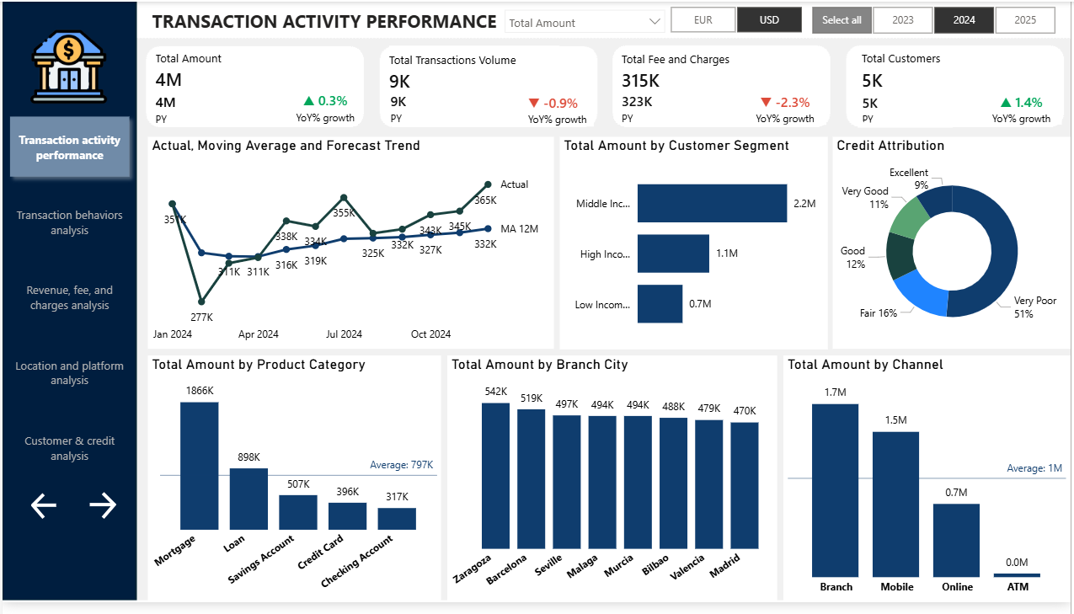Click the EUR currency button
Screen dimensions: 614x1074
coord(703,20)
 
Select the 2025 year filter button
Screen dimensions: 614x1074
coord(1025,20)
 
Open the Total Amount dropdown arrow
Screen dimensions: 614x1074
coord(655,22)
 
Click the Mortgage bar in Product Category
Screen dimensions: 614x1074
coord(199,465)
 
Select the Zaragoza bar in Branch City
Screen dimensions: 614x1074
coord(495,476)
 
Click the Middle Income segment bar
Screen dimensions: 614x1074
coord(712,203)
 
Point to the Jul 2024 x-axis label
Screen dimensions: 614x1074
coord(343,334)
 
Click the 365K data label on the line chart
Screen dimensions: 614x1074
coord(485,200)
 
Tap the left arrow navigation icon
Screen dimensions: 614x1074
coord(44,505)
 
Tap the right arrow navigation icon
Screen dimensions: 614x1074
coord(103,505)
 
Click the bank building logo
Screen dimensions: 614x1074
coord(69,67)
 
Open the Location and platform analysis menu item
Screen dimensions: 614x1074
coord(69,373)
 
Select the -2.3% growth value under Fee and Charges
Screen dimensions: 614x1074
coord(792,103)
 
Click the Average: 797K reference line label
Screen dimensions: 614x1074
coord(401,465)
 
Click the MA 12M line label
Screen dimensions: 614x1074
coord(519,229)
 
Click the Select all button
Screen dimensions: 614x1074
coord(841,20)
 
